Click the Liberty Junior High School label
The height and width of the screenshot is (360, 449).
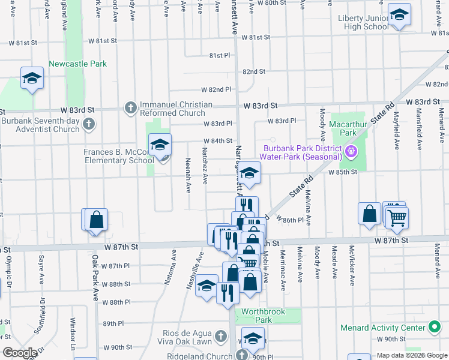tap(363, 23)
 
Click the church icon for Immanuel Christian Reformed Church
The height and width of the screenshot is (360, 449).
tap(130, 108)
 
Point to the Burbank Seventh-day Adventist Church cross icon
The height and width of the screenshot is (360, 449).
tap(89, 124)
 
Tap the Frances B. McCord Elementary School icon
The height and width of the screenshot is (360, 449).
tap(160, 145)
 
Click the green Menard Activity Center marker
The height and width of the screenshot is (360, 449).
tap(435, 328)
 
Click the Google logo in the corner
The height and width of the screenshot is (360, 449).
tap(19, 352)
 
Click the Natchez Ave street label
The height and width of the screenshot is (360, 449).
tap(205, 165)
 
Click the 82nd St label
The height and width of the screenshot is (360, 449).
tap(254, 71)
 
